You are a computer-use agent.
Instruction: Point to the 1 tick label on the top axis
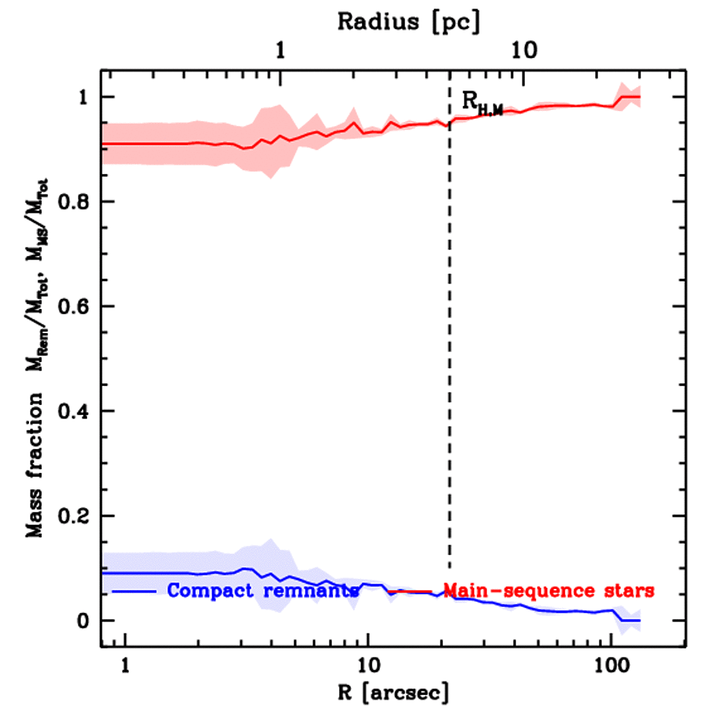coord(281,51)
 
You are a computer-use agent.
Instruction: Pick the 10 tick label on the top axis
coord(523,51)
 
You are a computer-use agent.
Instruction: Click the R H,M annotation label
coord(481,103)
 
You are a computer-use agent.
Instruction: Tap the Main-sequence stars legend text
coord(548,590)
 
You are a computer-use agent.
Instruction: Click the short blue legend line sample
coord(134,590)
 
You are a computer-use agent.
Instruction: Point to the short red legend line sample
coord(410,591)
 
